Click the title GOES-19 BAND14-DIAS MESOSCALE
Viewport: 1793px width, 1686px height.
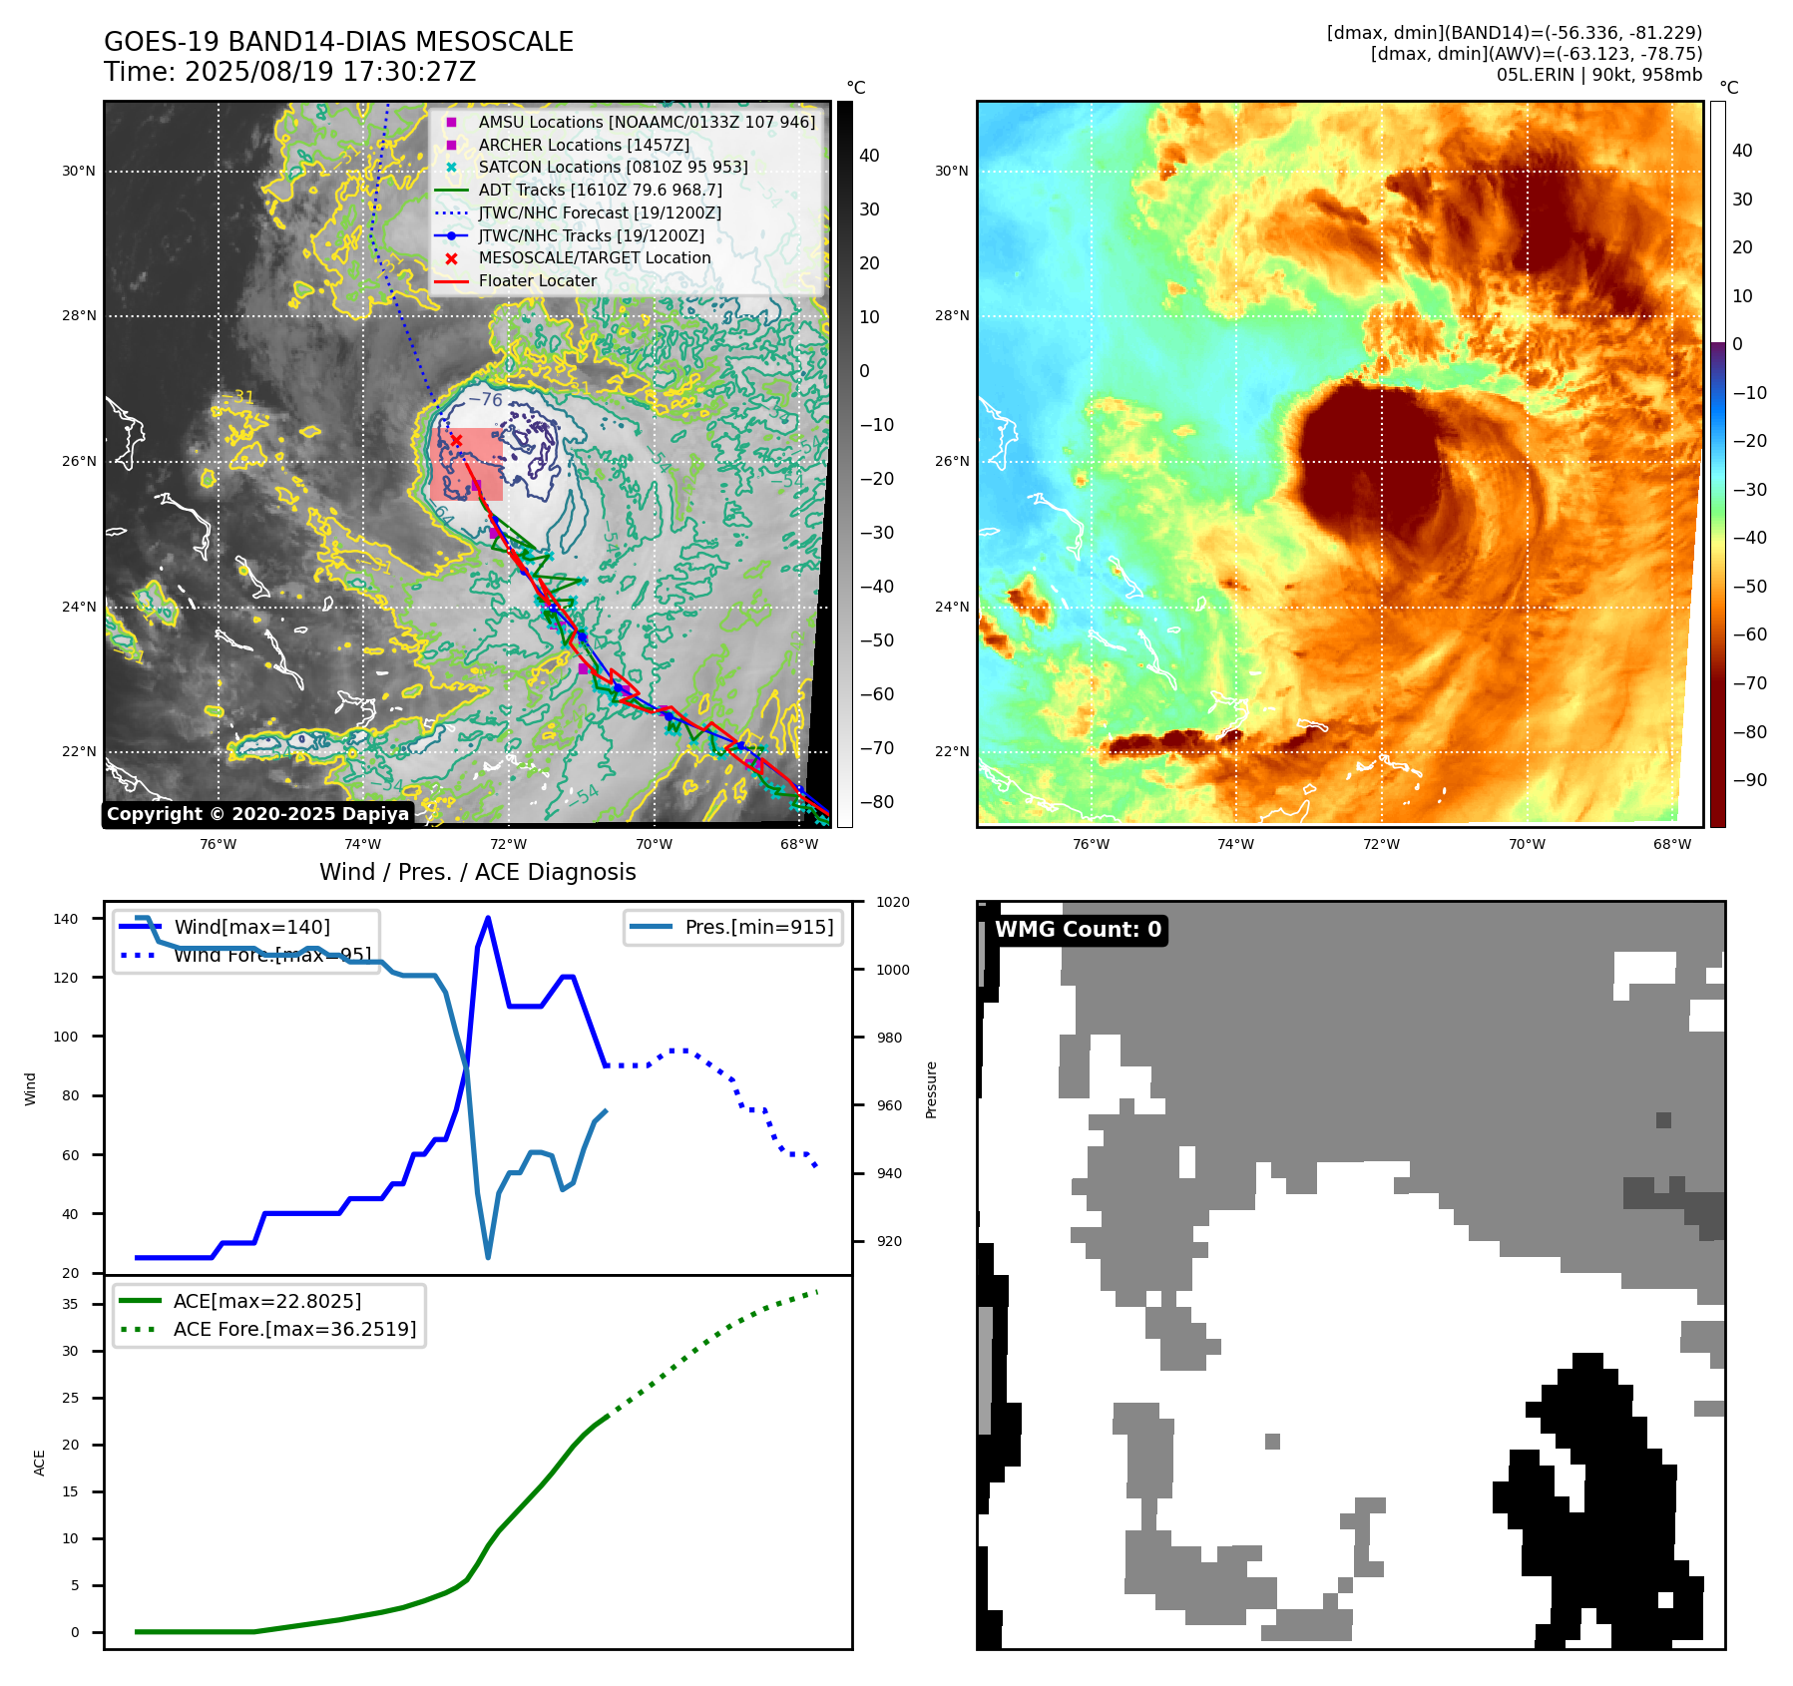[338, 42]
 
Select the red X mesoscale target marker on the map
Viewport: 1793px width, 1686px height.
[456, 440]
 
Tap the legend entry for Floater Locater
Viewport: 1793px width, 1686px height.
[537, 281]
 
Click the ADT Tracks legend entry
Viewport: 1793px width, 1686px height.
[600, 190]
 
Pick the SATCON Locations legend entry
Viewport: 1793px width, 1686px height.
[613, 168]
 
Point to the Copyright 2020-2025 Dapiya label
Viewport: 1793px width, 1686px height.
[257, 814]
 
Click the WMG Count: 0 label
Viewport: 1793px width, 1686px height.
[1078, 930]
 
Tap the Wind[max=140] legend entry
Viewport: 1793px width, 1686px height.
[251, 927]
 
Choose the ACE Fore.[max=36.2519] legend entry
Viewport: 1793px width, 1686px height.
[294, 1329]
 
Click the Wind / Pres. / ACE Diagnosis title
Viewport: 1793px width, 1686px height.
[477, 872]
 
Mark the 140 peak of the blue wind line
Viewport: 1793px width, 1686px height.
[487, 918]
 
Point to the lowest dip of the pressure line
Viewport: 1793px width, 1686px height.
[488, 1257]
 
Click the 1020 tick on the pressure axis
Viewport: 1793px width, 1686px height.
[893, 902]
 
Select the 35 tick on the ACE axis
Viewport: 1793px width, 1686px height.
[71, 1304]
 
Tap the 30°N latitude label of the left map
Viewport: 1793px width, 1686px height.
[79, 171]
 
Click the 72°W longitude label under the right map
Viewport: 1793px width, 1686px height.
[1381, 844]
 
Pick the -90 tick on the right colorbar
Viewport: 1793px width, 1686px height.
[1749, 780]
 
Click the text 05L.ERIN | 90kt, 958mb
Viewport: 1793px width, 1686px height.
[1598, 75]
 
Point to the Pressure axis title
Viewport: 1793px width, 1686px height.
[931, 1089]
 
